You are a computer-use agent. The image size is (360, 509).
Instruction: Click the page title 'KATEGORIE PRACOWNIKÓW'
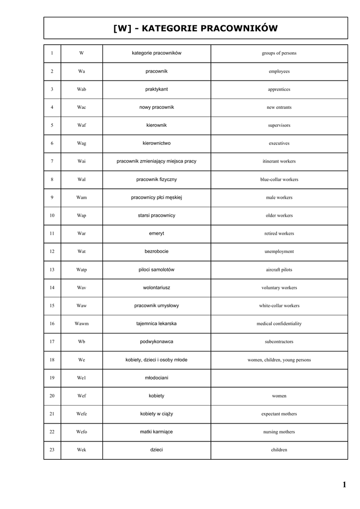pyautogui.click(x=195, y=28)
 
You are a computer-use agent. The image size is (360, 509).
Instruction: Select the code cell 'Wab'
pyautogui.click(x=82, y=89)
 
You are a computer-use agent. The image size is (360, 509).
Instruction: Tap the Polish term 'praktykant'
pyautogui.click(x=157, y=89)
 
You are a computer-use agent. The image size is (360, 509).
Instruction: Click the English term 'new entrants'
pyautogui.click(x=279, y=107)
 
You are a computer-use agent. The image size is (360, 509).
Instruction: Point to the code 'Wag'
pyautogui.click(x=82, y=143)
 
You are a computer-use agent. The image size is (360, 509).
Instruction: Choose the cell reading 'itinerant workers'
pyautogui.click(x=279, y=162)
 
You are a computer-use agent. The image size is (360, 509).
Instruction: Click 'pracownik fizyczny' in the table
pyautogui.click(x=157, y=179)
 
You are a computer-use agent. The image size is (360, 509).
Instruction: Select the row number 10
pyautogui.click(x=52, y=216)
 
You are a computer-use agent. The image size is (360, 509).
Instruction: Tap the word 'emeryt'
pyautogui.click(x=157, y=233)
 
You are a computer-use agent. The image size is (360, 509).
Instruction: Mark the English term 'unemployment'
pyautogui.click(x=279, y=252)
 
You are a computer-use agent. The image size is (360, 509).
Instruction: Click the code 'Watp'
pyautogui.click(x=82, y=270)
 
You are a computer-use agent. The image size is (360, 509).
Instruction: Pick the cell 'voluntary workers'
pyautogui.click(x=279, y=288)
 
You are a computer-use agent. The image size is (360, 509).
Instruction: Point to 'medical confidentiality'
pyautogui.click(x=279, y=324)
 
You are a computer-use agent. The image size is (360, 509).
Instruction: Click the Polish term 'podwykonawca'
pyautogui.click(x=157, y=341)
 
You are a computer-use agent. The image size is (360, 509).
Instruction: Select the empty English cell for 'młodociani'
pyautogui.click(x=279, y=378)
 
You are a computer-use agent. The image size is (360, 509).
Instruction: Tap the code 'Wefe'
pyautogui.click(x=82, y=414)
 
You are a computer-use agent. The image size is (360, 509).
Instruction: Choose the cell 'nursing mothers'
pyautogui.click(x=279, y=432)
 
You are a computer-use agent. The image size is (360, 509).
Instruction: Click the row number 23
pyautogui.click(x=52, y=450)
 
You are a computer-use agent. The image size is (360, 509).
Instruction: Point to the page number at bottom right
pyautogui.click(x=344, y=485)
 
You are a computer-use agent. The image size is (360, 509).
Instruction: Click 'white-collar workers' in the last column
pyautogui.click(x=279, y=306)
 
